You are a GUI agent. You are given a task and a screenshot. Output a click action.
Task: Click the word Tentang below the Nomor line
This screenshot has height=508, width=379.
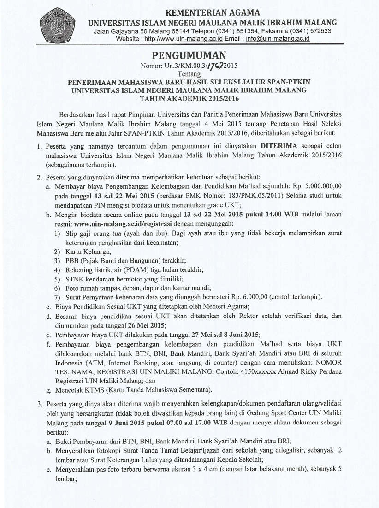click(x=189, y=74)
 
